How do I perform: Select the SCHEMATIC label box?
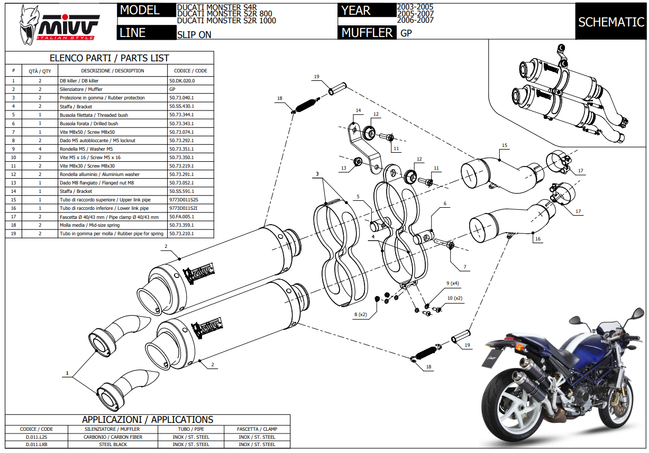pyautogui.click(x=610, y=22)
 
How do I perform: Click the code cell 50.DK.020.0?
pyautogui.click(x=182, y=81)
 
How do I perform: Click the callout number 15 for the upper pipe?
pyautogui.click(x=504, y=145)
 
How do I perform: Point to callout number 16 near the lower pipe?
pyautogui.click(x=538, y=239)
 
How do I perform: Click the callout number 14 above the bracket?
pyautogui.click(x=358, y=110)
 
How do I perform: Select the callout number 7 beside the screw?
pyautogui.click(x=465, y=267)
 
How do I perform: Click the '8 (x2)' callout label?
pyautogui.click(x=361, y=315)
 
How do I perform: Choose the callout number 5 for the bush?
pyautogui.click(x=358, y=197)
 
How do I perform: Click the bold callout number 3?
pyautogui.click(x=317, y=173)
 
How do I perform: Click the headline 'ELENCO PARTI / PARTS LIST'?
pyautogui.click(x=109, y=58)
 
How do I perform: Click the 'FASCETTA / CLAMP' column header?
pyautogui.click(x=257, y=429)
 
